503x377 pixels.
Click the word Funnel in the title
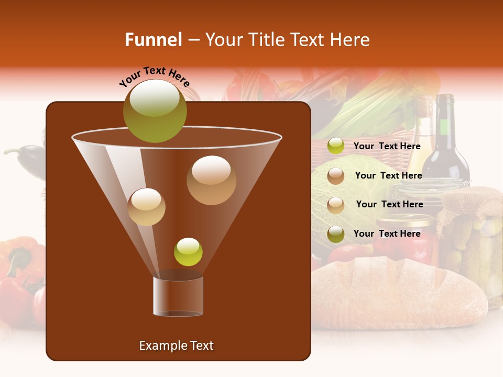pyautogui.click(x=153, y=40)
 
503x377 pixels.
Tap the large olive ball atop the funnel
pyautogui.click(x=155, y=110)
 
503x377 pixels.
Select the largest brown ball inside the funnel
pyautogui.click(x=211, y=180)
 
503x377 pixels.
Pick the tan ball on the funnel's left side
pyautogui.click(x=146, y=207)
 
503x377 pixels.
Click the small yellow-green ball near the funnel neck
pyautogui.click(x=188, y=252)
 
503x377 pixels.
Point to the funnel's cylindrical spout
pyautogui.click(x=178, y=296)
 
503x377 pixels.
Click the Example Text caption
pyautogui.click(x=176, y=346)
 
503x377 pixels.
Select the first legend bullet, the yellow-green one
pyautogui.click(x=335, y=146)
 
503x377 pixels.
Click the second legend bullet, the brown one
pyautogui.click(x=335, y=176)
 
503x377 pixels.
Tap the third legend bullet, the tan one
pyautogui.click(x=335, y=205)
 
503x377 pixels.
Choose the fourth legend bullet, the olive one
pyautogui.click(x=335, y=234)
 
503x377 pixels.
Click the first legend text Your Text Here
pyautogui.click(x=387, y=146)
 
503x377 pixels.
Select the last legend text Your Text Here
pyautogui.click(x=387, y=234)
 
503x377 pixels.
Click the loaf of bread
pyautogui.click(x=398, y=293)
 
